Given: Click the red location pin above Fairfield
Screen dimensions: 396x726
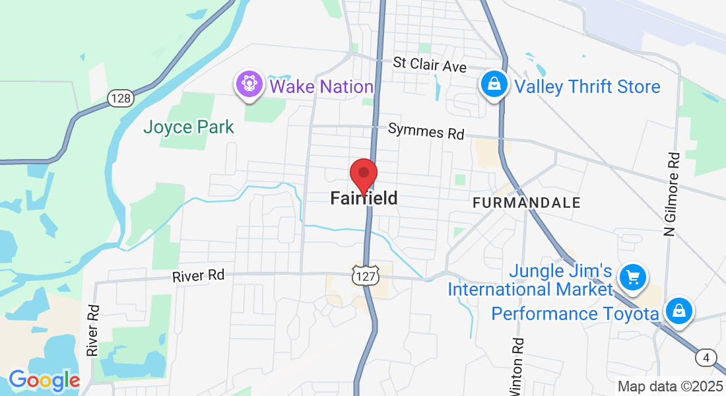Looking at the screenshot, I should point(363,176).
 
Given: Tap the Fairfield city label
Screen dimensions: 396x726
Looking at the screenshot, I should point(364,198).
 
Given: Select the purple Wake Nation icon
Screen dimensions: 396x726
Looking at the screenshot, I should point(250,86).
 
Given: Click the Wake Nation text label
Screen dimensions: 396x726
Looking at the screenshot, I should point(321,86).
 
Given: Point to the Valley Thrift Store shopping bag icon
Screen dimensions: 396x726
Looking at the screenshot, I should point(493,85).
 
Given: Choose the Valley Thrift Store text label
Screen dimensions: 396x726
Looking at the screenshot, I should point(587,87).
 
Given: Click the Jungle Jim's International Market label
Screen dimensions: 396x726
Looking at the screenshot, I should point(531,280).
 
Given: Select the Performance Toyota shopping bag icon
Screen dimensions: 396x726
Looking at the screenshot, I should point(678,310).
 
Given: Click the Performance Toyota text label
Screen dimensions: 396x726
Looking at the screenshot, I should point(575,313).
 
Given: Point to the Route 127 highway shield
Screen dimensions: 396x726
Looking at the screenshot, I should point(364,276).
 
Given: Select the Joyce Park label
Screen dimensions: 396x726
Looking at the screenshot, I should point(189,127).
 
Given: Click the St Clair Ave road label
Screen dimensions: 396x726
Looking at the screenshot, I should point(430,65).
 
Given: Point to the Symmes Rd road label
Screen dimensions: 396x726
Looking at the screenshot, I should point(426,131).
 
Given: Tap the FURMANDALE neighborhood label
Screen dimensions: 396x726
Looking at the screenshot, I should point(527,203).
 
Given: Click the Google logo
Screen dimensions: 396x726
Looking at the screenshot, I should point(44,380).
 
